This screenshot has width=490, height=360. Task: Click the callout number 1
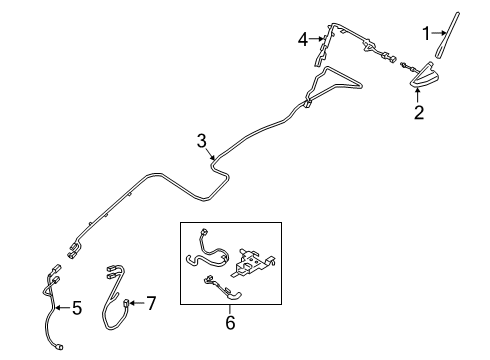point(426,35)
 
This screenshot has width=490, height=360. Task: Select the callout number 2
point(419,114)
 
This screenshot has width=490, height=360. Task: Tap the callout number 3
point(203,142)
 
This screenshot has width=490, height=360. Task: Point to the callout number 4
point(302,40)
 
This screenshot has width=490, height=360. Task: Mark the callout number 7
point(152,301)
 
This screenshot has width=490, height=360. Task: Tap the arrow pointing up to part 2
point(419,94)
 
